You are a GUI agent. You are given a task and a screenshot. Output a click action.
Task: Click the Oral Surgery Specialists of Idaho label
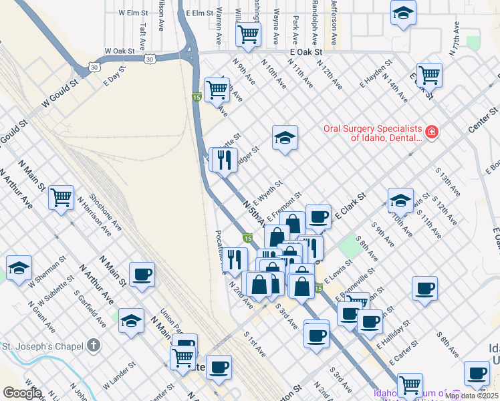tap(373, 133)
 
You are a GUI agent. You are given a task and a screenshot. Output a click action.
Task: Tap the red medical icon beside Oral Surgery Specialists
tap(432, 132)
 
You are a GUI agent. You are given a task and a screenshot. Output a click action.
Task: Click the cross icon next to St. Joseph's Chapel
tap(94, 346)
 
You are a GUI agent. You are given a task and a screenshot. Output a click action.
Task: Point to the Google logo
tap(22, 393)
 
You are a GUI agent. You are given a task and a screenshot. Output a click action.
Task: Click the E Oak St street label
tap(306, 51)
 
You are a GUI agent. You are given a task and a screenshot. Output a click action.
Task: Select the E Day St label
tap(115, 77)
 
